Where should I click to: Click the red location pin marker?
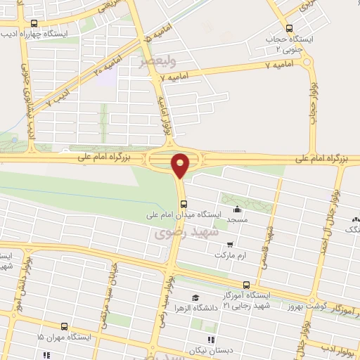click(181, 165)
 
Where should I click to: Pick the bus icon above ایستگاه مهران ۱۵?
click(64, 327)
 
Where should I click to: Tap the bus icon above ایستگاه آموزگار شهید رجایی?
click(245, 285)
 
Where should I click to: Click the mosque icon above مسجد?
click(237, 208)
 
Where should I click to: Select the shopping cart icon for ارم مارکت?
click(229, 245)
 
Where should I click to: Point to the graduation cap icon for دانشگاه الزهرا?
click(195, 298)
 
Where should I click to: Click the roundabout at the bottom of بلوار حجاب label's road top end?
click(307, 62)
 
